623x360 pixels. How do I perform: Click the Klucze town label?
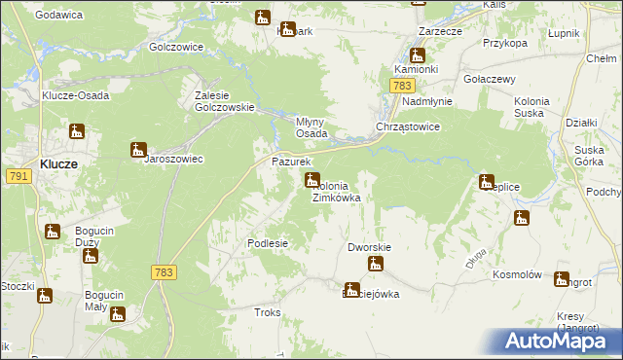click(x=59, y=165)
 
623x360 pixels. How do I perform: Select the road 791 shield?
click(x=17, y=176)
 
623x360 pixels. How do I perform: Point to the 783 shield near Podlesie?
click(x=164, y=273)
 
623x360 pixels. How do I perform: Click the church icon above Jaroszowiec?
click(x=138, y=150)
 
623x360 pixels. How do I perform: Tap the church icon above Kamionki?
click(x=418, y=55)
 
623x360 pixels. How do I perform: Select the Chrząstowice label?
click(x=409, y=127)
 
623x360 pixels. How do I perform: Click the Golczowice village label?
click(x=176, y=47)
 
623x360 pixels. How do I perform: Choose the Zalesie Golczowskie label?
click(x=225, y=101)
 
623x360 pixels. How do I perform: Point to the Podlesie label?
click(x=268, y=243)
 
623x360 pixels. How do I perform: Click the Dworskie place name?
click(x=369, y=247)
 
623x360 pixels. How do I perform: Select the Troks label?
click(x=267, y=312)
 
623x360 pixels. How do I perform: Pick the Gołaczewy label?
click(x=490, y=79)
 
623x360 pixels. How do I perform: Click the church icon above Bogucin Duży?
click(x=52, y=232)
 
